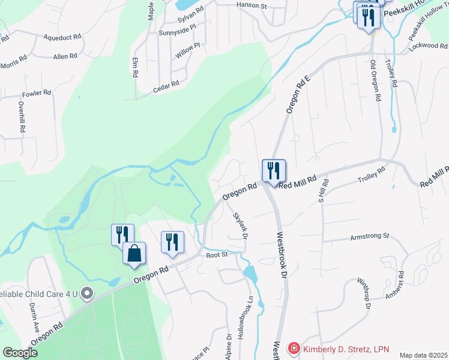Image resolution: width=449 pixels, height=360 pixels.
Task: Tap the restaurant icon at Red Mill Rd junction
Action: (x=273, y=171)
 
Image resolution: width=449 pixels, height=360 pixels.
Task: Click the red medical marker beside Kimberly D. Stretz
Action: (x=294, y=349)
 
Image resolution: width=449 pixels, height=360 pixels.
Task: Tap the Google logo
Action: (x=20, y=353)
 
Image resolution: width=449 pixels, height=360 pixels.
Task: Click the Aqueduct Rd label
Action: (x=62, y=37)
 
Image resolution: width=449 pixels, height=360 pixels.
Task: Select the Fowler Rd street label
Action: (x=34, y=95)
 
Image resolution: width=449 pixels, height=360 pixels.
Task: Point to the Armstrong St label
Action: (x=369, y=237)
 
